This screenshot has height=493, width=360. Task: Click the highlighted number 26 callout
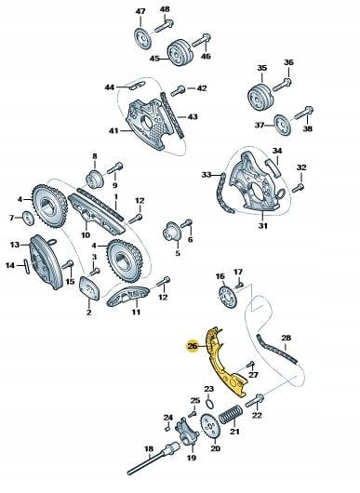(193, 346)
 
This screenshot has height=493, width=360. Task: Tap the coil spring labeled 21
(231, 414)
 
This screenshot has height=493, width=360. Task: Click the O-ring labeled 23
(209, 404)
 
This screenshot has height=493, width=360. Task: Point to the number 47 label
(140, 11)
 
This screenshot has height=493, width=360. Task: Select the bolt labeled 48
(164, 26)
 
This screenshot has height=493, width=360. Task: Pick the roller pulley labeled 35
(260, 97)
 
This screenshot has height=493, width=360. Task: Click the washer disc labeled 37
(282, 126)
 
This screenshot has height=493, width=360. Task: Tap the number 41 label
(113, 130)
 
